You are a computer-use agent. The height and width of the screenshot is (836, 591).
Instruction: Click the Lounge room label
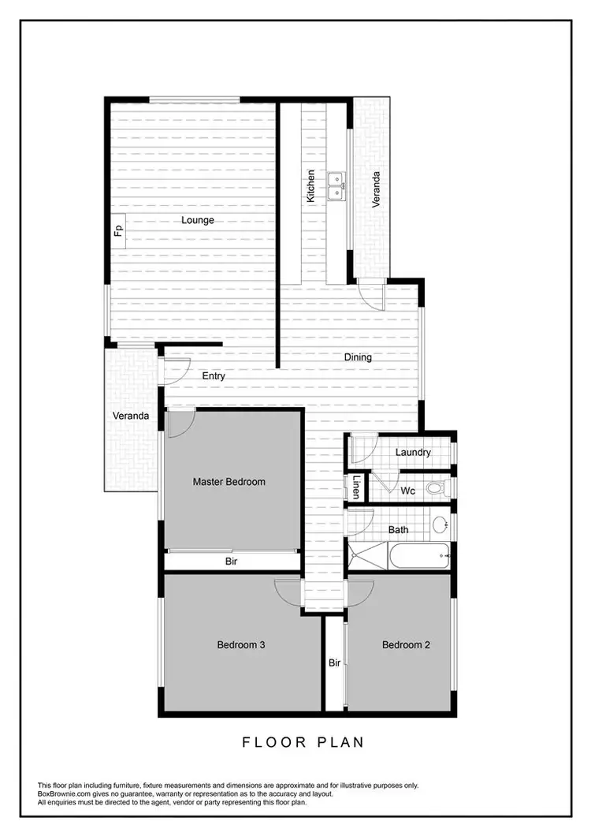pyautogui.click(x=198, y=220)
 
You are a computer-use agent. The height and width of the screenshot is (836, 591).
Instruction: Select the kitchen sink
pyautogui.click(x=336, y=186)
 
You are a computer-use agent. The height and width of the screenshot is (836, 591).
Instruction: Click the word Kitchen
pyautogui.click(x=311, y=186)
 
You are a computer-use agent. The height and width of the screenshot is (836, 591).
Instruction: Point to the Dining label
pyautogui.click(x=358, y=357)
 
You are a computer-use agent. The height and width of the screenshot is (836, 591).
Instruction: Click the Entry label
pyautogui.click(x=214, y=376)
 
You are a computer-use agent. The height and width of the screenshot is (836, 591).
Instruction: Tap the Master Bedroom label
pyautogui.click(x=229, y=481)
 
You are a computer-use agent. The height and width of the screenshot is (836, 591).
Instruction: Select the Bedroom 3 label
pyautogui.click(x=240, y=645)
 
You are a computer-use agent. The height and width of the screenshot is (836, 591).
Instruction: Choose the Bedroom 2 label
pyautogui.click(x=406, y=645)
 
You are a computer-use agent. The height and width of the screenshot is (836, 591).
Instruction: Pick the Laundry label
pyautogui.click(x=413, y=453)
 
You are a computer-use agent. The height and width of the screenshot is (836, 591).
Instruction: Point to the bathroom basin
pyautogui.click(x=440, y=522)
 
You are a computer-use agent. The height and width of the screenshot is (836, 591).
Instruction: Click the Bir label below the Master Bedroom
pyautogui.click(x=232, y=562)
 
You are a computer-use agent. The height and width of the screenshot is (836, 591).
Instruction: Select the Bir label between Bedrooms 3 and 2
pyautogui.click(x=334, y=663)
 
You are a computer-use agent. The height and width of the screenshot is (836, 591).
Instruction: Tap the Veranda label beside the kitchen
pyautogui.click(x=377, y=189)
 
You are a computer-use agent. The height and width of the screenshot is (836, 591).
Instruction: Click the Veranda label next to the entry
pyautogui.click(x=130, y=416)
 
